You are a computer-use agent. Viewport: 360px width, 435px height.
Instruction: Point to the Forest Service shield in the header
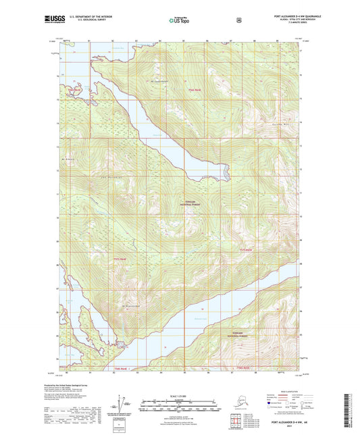238,20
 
